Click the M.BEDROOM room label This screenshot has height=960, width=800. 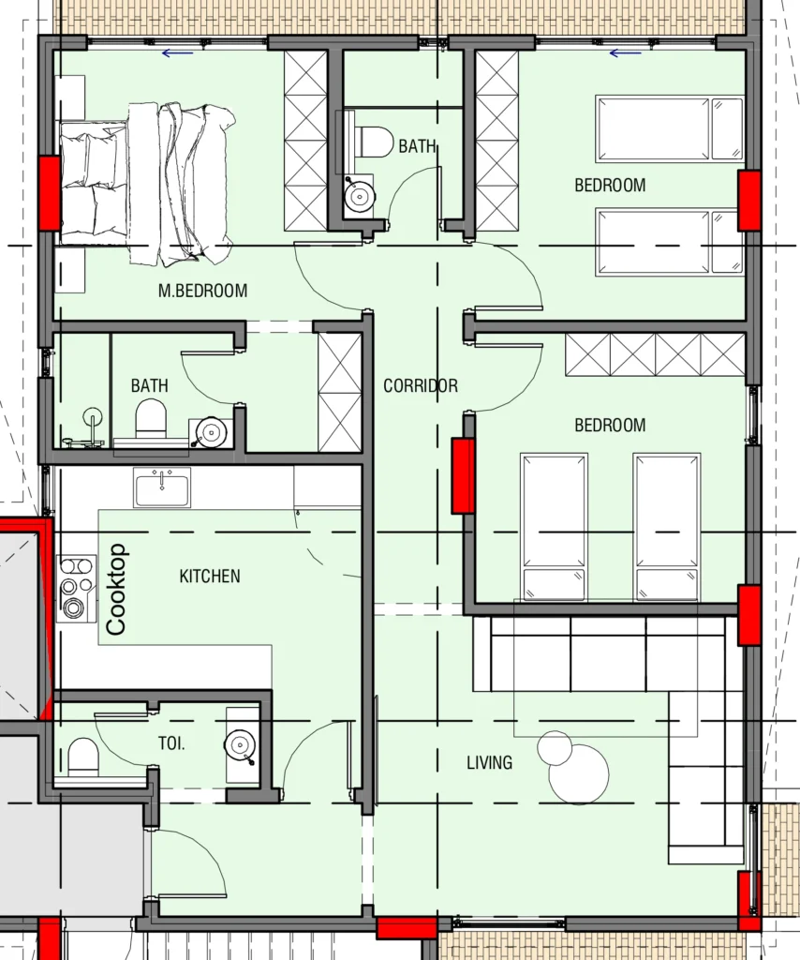click(x=203, y=291)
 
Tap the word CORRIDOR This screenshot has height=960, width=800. click(x=421, y=385)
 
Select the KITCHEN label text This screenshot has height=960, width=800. click(x=210, y=577)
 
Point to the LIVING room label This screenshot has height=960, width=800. click(x=489, y=763)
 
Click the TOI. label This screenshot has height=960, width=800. click(x=171, y=743)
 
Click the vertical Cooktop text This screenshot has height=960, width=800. click(x=116, y=589)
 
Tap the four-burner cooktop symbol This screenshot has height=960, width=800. click(x=77, y=589)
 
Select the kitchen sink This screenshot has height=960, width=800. click(x=162, y=487)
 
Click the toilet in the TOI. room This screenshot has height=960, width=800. click(x=82, y=758)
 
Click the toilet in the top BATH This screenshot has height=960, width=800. click(x=373, y=142)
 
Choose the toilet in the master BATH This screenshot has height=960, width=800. click(x=151, y=419)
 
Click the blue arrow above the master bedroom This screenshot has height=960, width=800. click(x=178, y=53)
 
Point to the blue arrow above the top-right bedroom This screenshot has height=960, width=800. click(x=626, y=53)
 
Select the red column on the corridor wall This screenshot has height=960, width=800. click(x=463, y=475)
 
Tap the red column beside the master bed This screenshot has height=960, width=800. click(x=50, y=193)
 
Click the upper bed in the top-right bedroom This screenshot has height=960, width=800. click(x=670, y=128)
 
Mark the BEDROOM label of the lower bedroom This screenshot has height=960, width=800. click(x=610, y=426)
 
